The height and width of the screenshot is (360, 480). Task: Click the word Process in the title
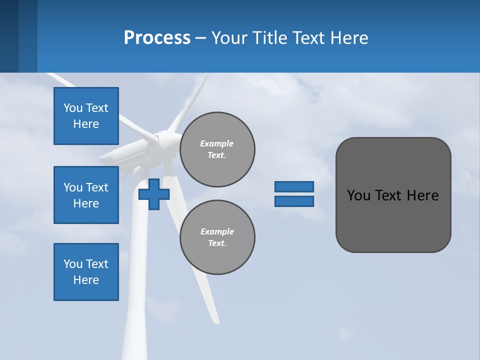click(x=157, y=37)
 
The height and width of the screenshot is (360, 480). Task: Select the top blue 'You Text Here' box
click(x=86, y=116)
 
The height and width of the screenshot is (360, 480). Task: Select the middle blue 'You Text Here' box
click(x=86, y=195)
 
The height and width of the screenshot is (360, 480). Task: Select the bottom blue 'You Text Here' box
click(x=86, y=272)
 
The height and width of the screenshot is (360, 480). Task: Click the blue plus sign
click(x=153, y=194)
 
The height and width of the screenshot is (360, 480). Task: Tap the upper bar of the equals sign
click(x=294, y=186)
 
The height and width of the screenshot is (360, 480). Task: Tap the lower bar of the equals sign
click(x=294, y=201)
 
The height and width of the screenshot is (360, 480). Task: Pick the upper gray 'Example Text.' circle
click(x=217, y=149)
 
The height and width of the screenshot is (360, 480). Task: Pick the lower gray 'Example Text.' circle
click(x=217, y=237)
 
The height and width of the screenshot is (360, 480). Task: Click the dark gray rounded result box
click(x=393, y=220)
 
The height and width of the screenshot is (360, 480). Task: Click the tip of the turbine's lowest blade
click(x=216, y=320)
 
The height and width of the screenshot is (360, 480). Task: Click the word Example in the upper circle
click(x=217, y=143)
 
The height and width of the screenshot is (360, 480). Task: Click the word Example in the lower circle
click(x=217, y=231)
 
